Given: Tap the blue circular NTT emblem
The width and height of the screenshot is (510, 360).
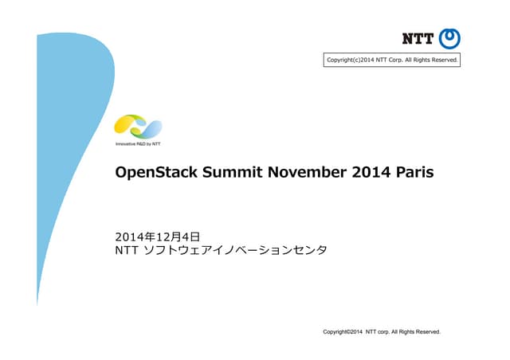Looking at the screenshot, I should (x=451, y=37).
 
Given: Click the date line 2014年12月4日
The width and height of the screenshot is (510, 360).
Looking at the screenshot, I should (x=157, y=237).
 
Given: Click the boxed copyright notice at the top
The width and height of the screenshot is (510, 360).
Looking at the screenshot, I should (x=391, y=60).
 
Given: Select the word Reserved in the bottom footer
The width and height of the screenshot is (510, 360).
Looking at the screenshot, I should (x=426, y=331).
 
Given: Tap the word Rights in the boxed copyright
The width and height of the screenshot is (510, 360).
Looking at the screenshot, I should (x=424, y=60).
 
